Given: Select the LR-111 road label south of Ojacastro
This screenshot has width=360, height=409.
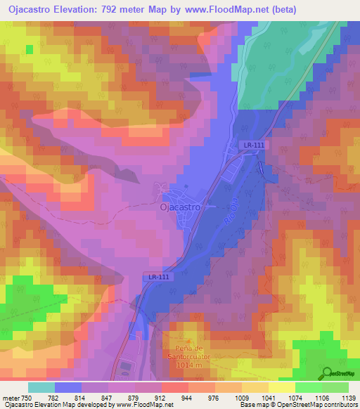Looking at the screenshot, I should [159, 277].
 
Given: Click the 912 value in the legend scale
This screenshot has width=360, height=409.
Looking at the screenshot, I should [162, 398].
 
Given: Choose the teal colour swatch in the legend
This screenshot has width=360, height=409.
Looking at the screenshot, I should [41, 387].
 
